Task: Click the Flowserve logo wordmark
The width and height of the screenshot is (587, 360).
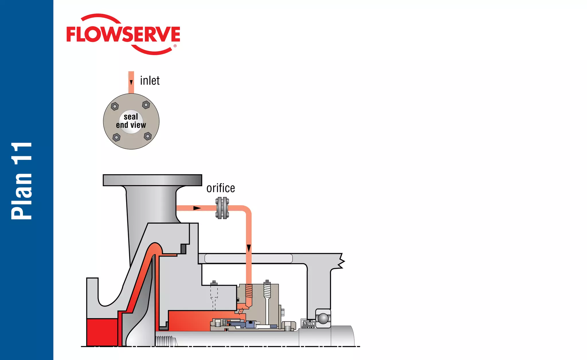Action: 123,34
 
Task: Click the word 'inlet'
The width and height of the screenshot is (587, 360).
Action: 150,81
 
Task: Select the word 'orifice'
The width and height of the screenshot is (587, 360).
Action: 221,188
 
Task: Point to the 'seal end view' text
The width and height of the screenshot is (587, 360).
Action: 131,121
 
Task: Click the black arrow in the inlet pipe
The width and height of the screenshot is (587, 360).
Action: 131,83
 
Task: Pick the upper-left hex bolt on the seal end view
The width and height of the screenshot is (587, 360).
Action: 115,106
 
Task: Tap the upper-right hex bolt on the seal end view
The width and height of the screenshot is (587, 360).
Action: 146,105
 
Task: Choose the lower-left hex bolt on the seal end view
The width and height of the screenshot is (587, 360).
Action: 116,138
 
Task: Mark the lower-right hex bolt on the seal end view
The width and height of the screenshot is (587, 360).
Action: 148,136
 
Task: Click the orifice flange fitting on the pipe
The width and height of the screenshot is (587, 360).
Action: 222,208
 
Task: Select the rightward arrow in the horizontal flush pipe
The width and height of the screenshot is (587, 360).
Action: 197,208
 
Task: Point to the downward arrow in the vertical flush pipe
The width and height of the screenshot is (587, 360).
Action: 249,248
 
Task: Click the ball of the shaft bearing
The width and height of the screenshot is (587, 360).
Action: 323,318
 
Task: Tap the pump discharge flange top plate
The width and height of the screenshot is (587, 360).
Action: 152,180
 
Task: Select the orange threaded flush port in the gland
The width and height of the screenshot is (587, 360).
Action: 249,291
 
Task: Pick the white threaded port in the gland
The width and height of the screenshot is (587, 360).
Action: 267,289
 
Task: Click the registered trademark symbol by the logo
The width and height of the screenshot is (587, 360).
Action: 175,46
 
